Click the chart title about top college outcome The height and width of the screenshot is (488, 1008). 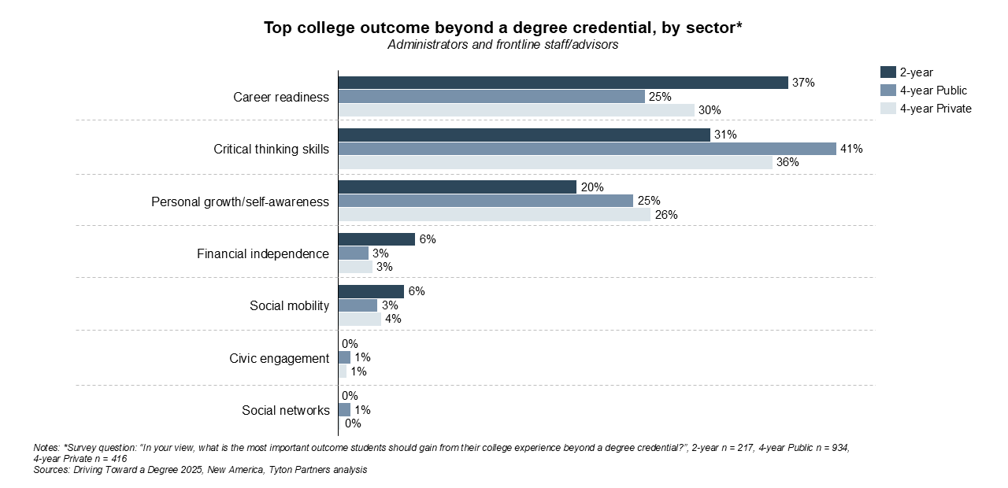click(503, 28)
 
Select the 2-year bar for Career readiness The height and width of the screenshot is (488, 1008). click(563, 83)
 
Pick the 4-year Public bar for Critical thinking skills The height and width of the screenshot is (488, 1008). click(587, 149)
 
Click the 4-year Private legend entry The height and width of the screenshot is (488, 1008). click(936, 109)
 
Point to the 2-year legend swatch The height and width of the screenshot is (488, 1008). click(888, 72)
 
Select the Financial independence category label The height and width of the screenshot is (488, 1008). click(262, 253)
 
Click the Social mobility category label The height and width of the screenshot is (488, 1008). click(289, 305)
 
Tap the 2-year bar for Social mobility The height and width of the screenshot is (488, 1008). click(371, 291)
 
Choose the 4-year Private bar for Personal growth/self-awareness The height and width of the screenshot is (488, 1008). click(494, 215)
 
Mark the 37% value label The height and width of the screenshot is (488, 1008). click(804, 83)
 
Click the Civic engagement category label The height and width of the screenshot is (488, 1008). click(279, 358)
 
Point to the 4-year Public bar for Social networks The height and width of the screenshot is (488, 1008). click(344, 410)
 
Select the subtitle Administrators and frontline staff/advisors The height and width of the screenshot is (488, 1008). click(502, 45)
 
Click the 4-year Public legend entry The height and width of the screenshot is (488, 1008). click(933, 91)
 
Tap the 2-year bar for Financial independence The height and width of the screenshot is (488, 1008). click(376, 239)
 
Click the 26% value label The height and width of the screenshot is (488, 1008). click(666, 215)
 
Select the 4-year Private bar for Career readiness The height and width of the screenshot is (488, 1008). click(516, 110)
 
